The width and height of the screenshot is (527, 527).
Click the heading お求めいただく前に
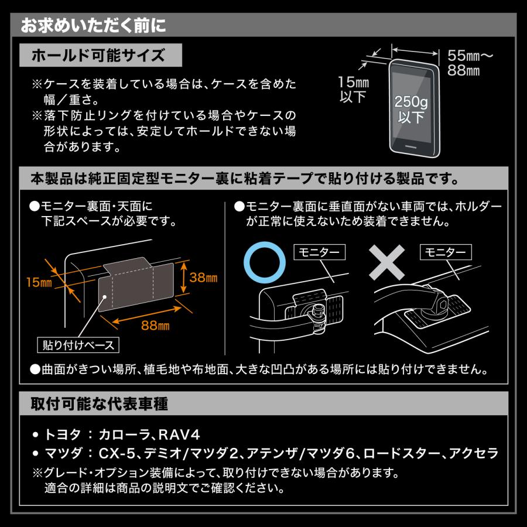click(94, 26)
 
